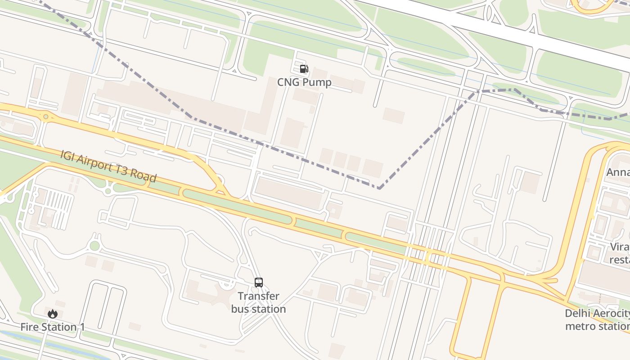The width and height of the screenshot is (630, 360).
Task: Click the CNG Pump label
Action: coord(304,82)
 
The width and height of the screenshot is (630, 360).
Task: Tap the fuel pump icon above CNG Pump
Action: coord(304,69)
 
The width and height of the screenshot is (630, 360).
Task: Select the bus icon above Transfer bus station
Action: coord(259,283)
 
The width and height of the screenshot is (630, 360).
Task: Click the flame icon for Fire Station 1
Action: coord(53,314)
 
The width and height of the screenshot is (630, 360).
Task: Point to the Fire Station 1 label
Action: coord(53,327)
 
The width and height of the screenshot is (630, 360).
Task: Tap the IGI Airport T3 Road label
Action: coord(108,166)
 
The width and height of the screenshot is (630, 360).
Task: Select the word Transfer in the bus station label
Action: coord(258,296)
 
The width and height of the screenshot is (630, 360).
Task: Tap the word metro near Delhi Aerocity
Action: coord(580,326)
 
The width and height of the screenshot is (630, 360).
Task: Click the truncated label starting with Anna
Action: coord(618,172)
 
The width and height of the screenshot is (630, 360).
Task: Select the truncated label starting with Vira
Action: coord(620,253)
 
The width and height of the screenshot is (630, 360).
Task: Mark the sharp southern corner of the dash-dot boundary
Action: coord(379,188)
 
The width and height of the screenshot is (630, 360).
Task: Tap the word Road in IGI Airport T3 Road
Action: coord(144,176)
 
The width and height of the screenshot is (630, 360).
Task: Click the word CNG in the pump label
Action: coord(288,82)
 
